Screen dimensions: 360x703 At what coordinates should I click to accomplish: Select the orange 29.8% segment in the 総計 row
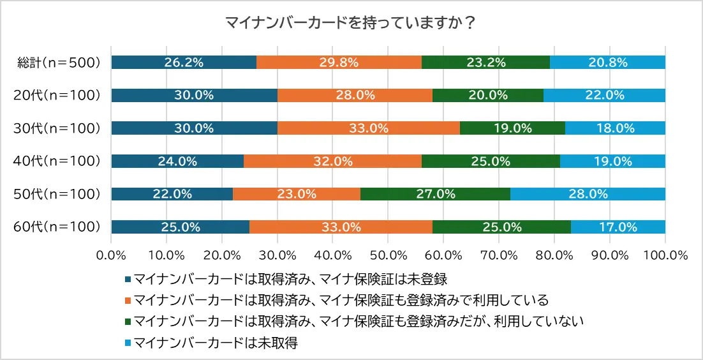[339, 62]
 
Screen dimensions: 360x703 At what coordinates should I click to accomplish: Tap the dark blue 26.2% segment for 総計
[184, 62]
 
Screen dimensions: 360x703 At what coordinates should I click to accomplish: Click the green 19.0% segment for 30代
[512, 128]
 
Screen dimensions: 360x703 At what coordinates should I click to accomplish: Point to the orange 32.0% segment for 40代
[332, 161]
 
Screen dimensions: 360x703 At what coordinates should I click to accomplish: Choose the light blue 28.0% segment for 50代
[588, 194]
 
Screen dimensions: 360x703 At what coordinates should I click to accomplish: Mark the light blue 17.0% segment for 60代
[618, 227]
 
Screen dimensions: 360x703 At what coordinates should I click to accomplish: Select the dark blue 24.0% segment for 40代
[177, 161]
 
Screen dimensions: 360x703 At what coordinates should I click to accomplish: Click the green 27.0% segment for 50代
[435, 194]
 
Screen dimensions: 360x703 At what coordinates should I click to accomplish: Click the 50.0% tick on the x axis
[388, 255]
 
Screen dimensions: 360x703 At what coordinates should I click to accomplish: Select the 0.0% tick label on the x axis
[112, 255]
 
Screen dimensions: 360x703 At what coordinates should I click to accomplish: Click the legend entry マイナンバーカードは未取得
[216, 343]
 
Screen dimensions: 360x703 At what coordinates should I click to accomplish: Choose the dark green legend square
[128, 321]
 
